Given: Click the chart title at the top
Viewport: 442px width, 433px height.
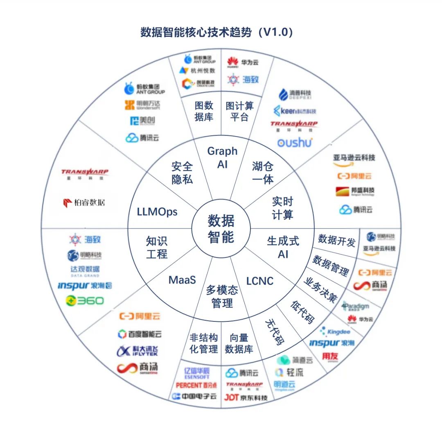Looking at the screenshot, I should (x=217, y=33).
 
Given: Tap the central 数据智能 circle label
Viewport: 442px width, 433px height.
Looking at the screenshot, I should (x=221, y=229).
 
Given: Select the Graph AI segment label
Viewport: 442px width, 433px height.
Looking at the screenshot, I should (x=222, y=157).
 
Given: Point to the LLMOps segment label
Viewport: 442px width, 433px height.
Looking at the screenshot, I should (x=158, y=211).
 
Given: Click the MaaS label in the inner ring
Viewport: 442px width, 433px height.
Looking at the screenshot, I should (x=182, y=280).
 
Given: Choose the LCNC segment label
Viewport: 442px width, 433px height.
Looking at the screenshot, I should (x=260, y=281).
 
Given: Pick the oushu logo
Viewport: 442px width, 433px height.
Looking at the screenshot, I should (x=295, y=142).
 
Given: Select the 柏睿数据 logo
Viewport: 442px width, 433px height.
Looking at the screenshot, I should (x=84, y=202).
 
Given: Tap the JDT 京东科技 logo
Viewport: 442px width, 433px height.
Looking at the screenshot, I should (x=246, y=397).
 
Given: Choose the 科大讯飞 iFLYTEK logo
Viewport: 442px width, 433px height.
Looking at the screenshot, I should (x=137, y=351).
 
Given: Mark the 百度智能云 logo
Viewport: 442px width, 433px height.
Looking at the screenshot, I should (x=140, y=334).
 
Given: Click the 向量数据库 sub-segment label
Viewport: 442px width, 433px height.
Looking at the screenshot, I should (x=239, y=343).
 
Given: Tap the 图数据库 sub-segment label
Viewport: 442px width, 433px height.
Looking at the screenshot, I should (x=204, y=111).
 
